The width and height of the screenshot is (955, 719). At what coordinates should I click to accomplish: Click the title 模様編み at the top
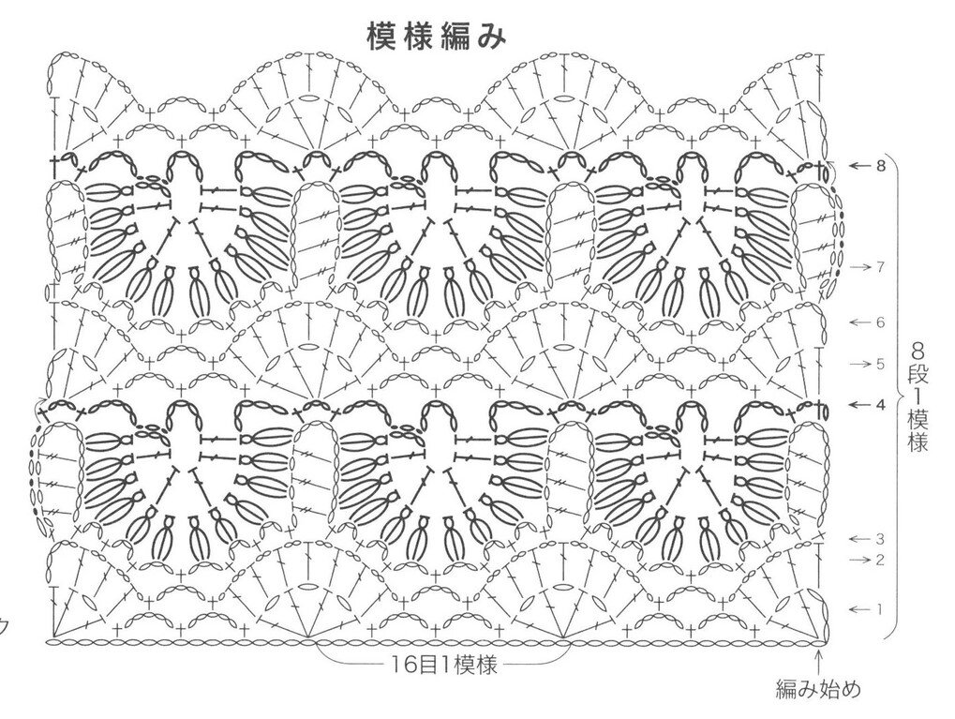coord(437,36)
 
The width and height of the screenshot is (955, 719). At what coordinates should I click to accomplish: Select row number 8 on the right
coord(880,166)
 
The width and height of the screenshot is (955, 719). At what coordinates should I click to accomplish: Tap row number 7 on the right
coord(880,267)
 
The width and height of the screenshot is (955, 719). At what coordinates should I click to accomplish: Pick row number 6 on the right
coord(880,322)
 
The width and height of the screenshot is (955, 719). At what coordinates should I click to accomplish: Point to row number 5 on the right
coord(880,364)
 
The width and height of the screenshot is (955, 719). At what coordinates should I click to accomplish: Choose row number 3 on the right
coord(880,539)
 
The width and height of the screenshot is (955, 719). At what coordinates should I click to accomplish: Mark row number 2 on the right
coord(880,561)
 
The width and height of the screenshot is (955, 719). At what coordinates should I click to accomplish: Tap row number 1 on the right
coord(880,608)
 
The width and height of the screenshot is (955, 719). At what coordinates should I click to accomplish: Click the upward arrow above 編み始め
coord(822,660)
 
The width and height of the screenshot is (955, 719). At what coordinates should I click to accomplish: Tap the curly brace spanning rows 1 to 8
coord(898,394)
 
